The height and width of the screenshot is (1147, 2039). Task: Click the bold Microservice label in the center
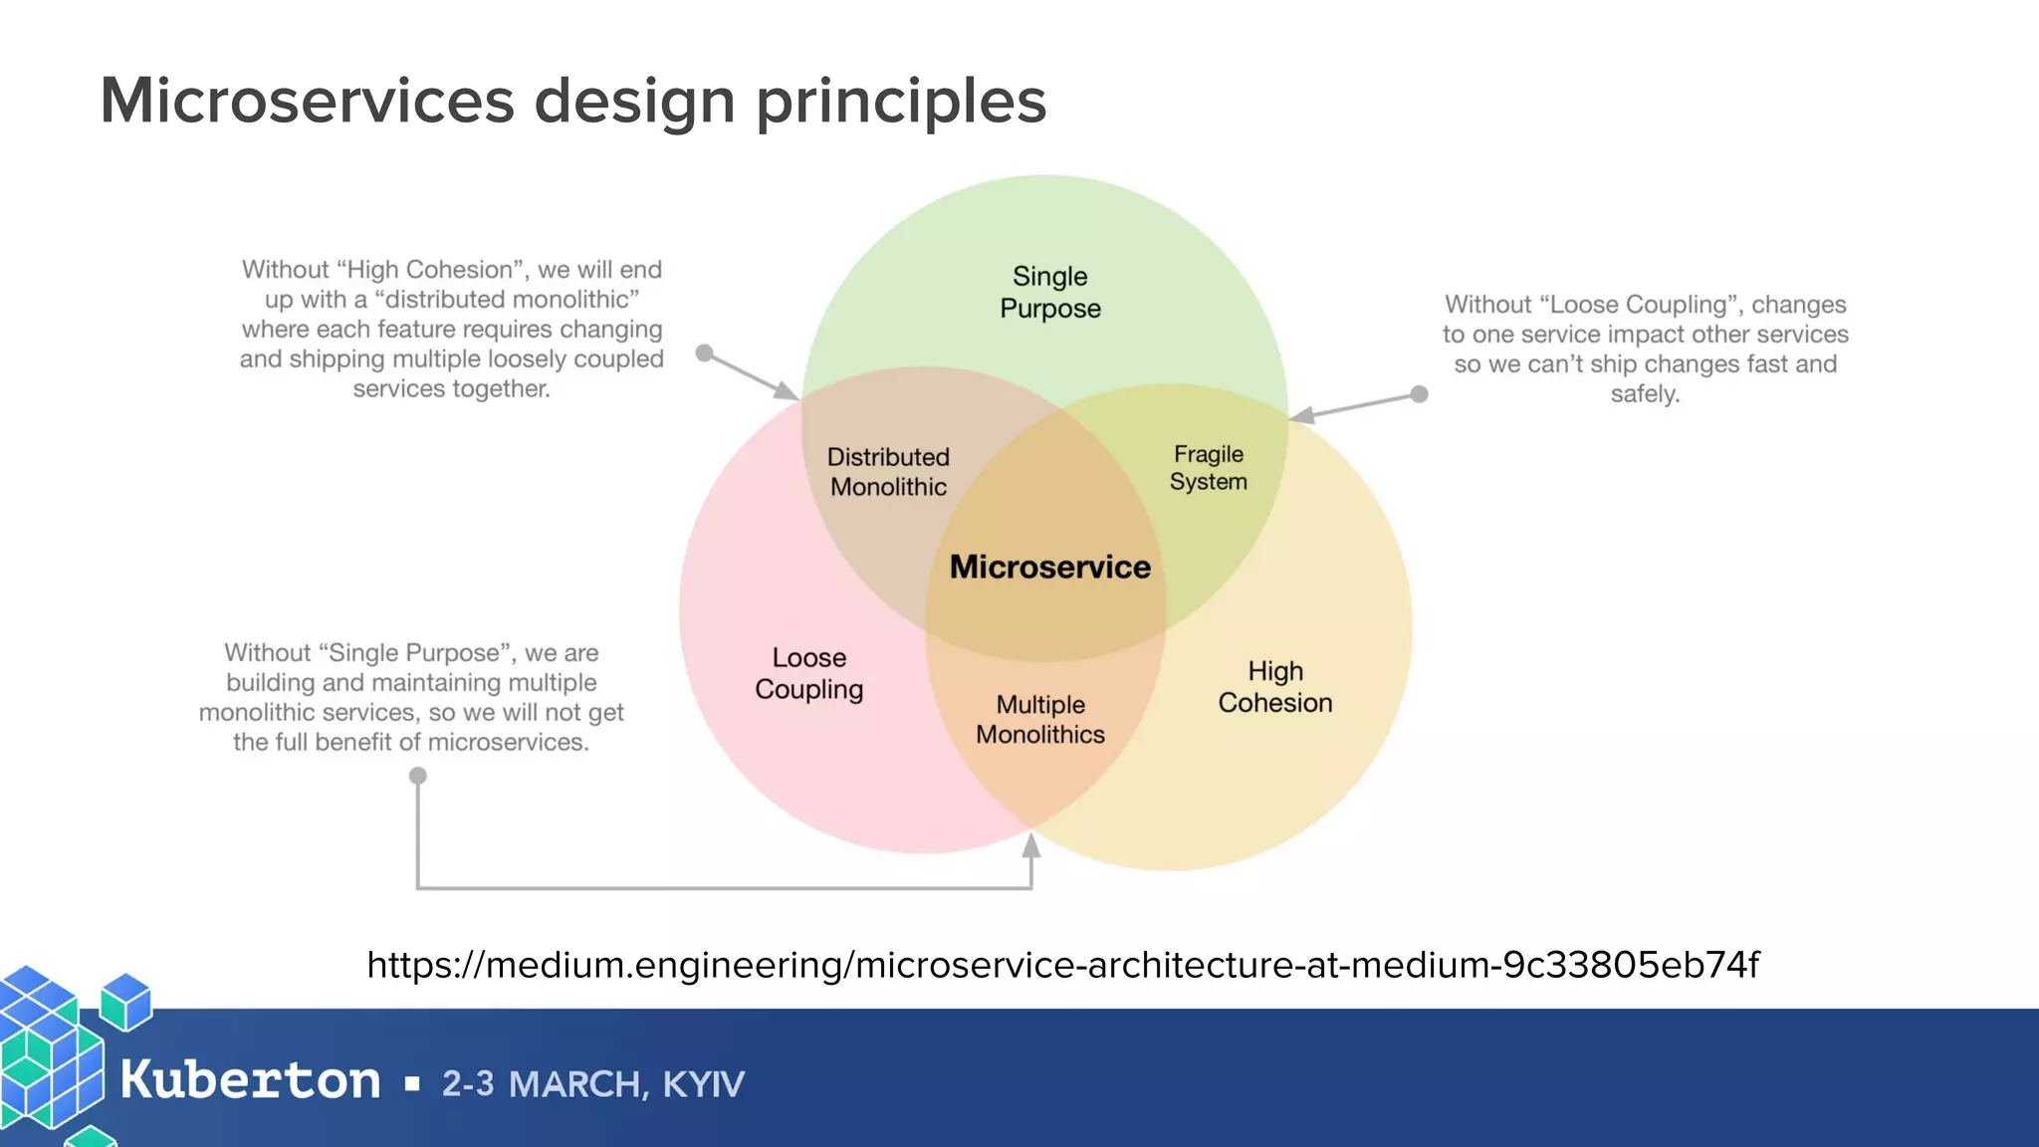pos(1049,567)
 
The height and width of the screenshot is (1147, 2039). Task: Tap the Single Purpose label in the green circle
pos(1049,292)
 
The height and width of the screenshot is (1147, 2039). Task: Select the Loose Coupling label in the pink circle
pos(808,673)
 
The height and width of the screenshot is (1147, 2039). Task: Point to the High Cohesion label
pos(1274,686)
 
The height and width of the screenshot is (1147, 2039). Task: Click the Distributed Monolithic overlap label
pos(888,471)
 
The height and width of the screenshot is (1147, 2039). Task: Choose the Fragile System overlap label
pos(1208,467)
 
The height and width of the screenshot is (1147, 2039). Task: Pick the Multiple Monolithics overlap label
pos(1040,719)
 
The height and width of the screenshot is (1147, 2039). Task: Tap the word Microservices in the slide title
pos(307,102)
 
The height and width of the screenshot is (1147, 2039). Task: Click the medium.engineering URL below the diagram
pos(1062,964)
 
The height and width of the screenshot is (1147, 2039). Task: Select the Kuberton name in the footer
pos(250,1080)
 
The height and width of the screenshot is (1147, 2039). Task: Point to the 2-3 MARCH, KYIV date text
pos(592,1083)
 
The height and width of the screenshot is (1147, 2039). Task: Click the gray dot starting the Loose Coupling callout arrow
pos(1420,394)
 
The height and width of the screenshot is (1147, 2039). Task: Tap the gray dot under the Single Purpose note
pos(418,775)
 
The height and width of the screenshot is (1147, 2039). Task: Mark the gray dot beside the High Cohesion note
pos(704,352)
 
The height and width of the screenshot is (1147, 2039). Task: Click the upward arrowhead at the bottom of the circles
pos(1031,846)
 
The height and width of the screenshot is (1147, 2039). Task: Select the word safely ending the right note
pos(1645,393)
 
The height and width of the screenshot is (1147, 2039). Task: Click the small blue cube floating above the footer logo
pos(126,1001)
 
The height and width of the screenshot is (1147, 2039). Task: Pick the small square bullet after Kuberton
pos(412,1083)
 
